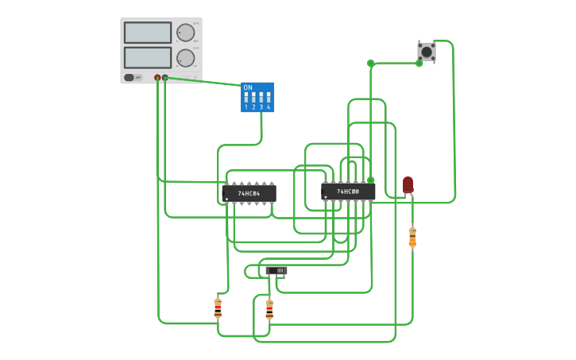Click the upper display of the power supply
pyautogui.click(x=148, y=33)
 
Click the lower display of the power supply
pyautogui.click(x=148, y=57)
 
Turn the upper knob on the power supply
pyautogui.click(x=185, y=33)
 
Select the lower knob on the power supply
pyautogui.click(x=185, y=58)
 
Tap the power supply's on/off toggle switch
pyautogui.click(x=130, y=78)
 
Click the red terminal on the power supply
pyautogui.click(x=157, y=78)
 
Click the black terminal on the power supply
pyautogui.click(x=165, y=78)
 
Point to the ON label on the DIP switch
pyautogui.click(x=248, y=87)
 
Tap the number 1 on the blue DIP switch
pyautogui.click(x=246, y=106)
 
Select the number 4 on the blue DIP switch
pyautogui.click(x=269, y=106)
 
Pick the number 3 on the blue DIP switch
pyautogui.click(x=261, y=106)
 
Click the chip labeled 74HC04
pyautogui.click(x=249, y=193)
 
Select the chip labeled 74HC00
pyautogui.click(x=348, y=192)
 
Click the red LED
pyautogui.click(x=408, y=184)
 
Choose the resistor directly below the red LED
pyautogui.click(x=412, y=237)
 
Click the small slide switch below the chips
pyautogui.click(x=276, y=271)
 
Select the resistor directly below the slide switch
pyautogui.click(x=269, y=309)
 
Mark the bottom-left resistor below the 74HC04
pyautogui.click(x=218, y=308)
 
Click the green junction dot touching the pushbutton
pyautogui.click(x=419, y=63)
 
